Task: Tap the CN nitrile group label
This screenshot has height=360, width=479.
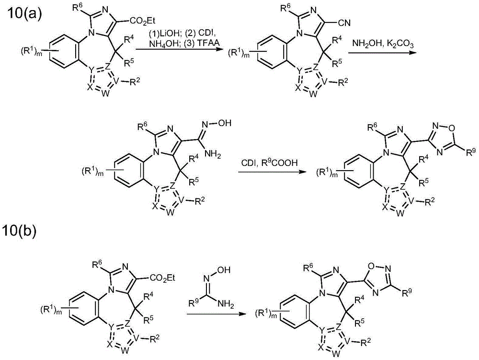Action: pos(344,23)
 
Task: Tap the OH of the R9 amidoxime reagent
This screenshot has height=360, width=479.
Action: pos(224,270)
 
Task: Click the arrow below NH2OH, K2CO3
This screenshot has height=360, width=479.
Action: pos(383,53)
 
